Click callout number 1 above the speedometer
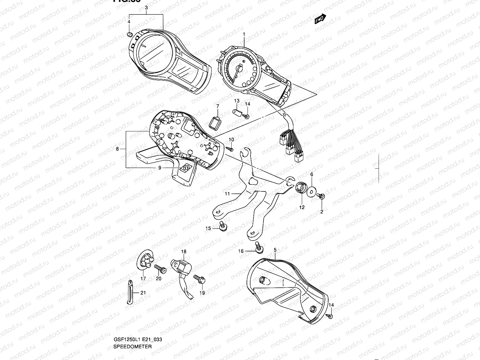(x=244, y=34)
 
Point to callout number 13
(x=237, y=100)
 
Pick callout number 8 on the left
(x=117, y=149)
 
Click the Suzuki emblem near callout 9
(x=184, y=168)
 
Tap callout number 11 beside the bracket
(x=227, y=194)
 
